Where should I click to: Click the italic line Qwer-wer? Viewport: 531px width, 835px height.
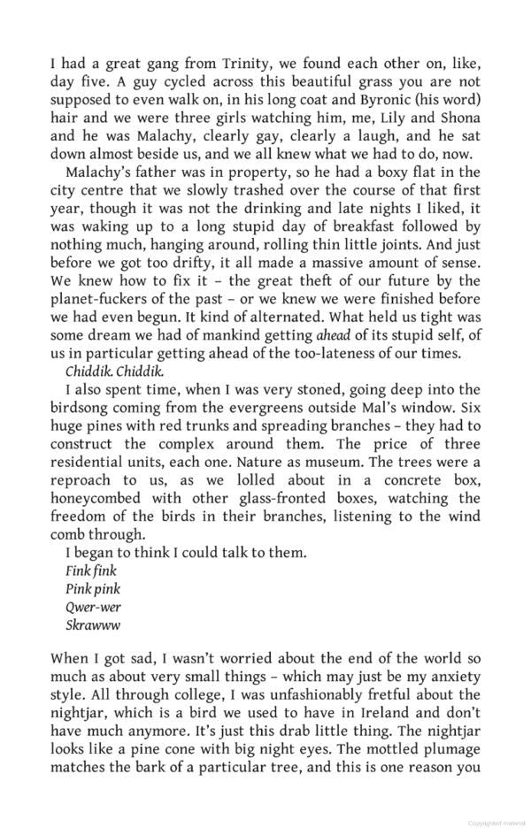click(94, 608)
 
